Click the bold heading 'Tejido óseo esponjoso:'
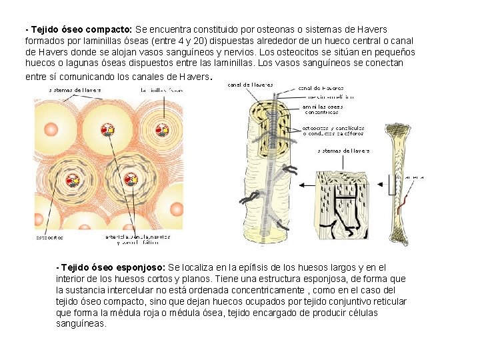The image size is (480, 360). [x=113, y=267]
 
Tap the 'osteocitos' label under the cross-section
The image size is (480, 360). [x=49, y=237]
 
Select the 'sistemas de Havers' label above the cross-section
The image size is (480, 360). [x=75, y=89]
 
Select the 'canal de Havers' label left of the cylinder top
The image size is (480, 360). [x=251, y=85]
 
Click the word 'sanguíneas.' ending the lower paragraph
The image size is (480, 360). [x=81, y=323]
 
